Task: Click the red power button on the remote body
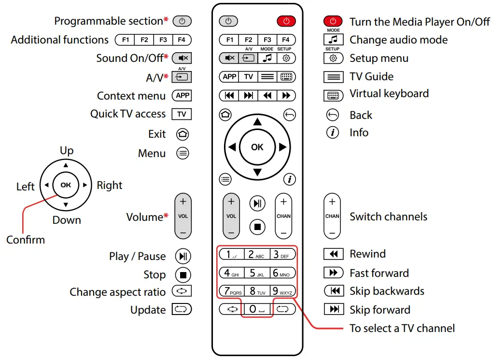point(286,21)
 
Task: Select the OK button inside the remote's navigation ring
point(257,147)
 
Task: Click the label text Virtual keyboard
point(389,94)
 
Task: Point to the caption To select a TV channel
point(402,329)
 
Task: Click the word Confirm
point(26,240)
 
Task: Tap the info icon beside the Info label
point(332,133)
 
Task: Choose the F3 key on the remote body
point(267,40)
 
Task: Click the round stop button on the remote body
point(257,226)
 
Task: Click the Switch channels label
point(388,217)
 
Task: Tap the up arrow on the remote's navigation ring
point(257,121)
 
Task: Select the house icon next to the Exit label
point(182,134)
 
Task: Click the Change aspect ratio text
point(117,292)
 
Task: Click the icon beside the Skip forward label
point(333,310)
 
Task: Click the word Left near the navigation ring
point(26,187)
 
